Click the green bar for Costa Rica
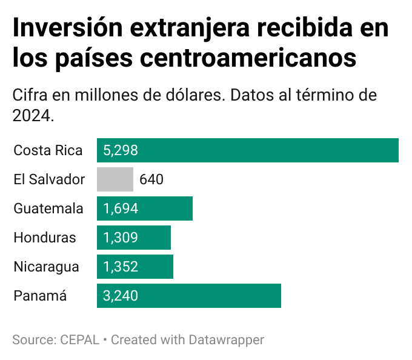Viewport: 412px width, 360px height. [x=248, y=150]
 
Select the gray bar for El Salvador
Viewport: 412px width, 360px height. [x=115, y=179]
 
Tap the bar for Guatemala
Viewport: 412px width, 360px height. [x=145, y=208]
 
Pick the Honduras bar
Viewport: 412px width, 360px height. [x=134, y=238]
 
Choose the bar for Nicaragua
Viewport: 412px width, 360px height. [x=135, y=267]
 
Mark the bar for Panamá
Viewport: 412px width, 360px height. [x=189, y=296]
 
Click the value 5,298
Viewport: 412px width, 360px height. [x=121, y=150]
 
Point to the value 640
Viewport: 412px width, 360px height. [x=151, y=179]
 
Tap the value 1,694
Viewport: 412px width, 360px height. [x=121, y=208]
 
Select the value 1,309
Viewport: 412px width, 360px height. [x=121, y=238]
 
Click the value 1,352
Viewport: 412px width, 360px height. [x=121, y=267]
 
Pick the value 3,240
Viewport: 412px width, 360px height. [x=121, y=296]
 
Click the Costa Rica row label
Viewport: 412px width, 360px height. [x=48, y=150]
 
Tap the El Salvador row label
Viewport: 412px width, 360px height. [x=49, y=179]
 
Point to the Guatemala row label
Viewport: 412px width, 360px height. [x=48, y=208]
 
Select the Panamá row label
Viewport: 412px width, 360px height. [x=40, y=296]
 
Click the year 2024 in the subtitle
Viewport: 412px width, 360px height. [x=32, y=115]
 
